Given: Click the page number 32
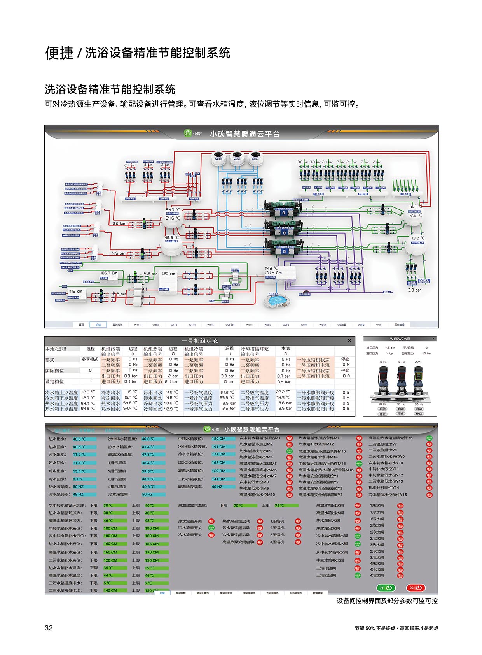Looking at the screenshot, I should [49, 628].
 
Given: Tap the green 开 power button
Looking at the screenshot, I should [385, 588].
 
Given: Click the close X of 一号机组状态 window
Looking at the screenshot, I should [349, 341].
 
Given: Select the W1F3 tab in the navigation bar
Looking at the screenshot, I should [174, 325].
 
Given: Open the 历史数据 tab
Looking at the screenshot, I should [399, 325].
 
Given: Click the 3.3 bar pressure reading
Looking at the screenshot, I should [414, 290].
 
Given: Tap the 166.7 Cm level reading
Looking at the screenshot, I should [109, 273].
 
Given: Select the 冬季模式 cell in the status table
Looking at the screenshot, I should [90, 360].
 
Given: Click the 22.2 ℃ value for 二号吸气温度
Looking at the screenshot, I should [283, 392].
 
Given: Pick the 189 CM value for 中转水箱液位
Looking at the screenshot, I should [218, 439].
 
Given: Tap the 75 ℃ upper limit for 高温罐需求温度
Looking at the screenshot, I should [280, 506].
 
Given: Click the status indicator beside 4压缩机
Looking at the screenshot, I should [298, 542].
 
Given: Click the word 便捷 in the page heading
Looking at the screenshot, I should [59, 53].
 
